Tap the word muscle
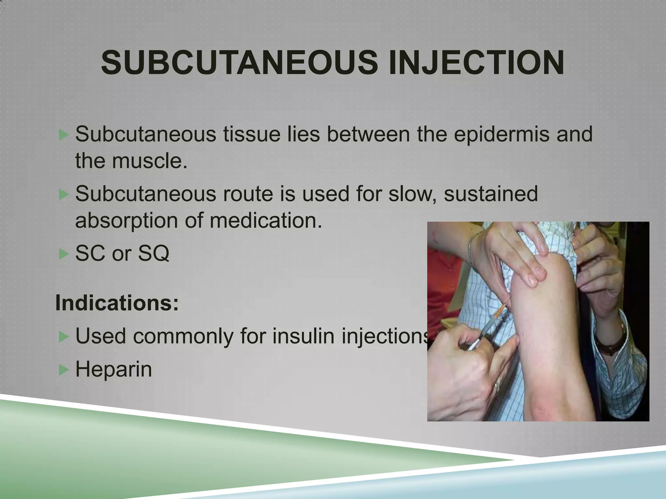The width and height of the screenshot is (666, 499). point(150,161)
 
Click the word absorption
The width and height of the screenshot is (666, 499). point(127,221)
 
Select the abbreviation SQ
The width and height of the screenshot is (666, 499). point(153,253)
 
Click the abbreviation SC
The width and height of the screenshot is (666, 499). point(91,253)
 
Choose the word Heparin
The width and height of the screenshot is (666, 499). point(113,369)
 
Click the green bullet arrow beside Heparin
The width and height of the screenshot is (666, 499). point(63,370)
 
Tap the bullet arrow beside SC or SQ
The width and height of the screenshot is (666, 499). point(63,254)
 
